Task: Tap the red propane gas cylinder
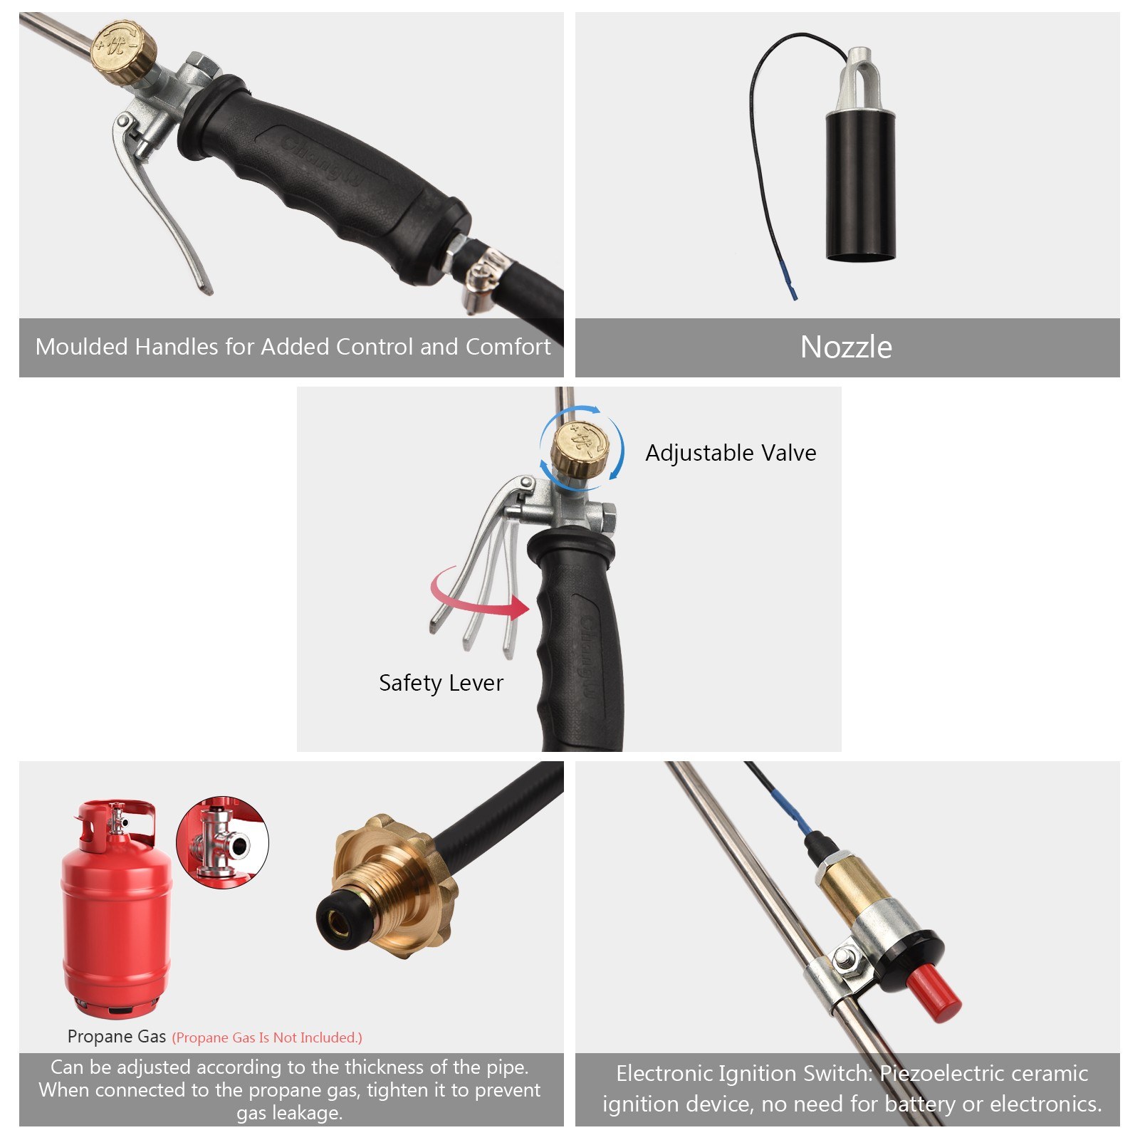point(116,919)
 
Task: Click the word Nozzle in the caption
point(846,347)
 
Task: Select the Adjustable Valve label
point(731,453)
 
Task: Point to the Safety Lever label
point(441,683)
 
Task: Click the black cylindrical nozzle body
point(860,185)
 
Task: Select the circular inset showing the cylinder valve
point(222,842)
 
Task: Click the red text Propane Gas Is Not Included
point(267,1037)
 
